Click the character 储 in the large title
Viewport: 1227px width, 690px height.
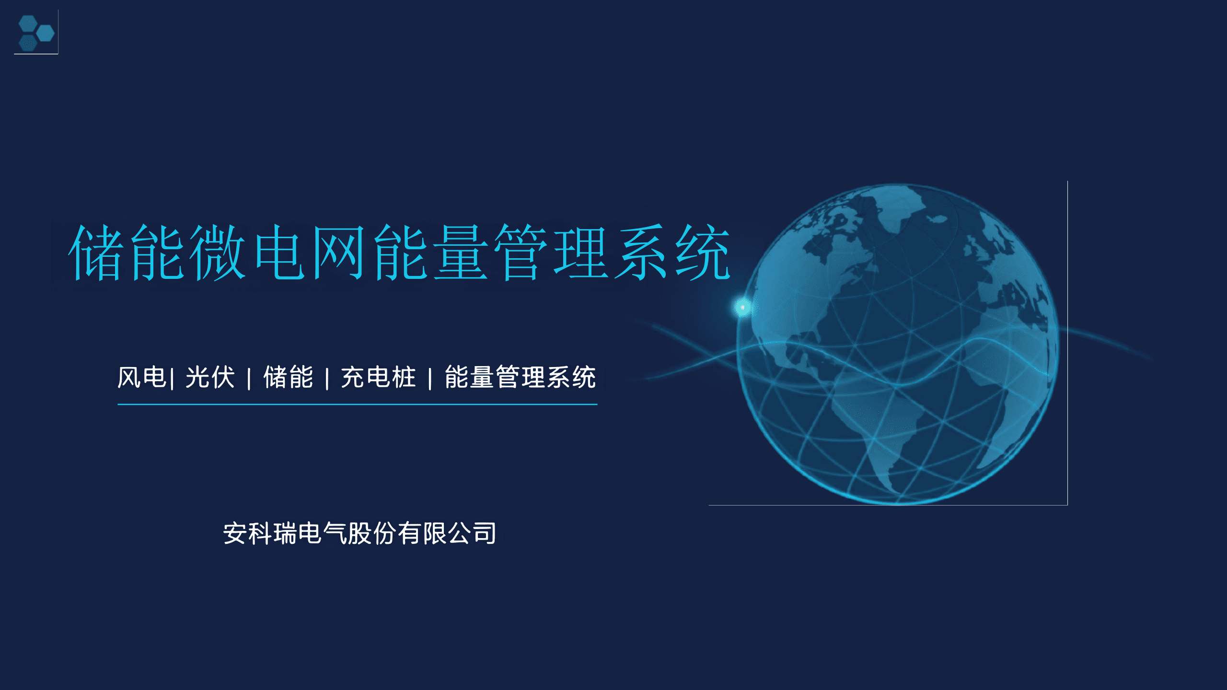click(94, 252)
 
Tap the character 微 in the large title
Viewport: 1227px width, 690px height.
click(217, 252)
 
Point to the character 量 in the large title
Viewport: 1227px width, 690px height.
click(461, 252)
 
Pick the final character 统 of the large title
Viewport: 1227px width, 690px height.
click(703, 252)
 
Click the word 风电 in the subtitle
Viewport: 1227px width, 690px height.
click(142, 377)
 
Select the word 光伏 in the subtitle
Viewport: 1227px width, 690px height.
click(210, 377)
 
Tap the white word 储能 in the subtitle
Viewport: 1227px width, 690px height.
click(289, 377)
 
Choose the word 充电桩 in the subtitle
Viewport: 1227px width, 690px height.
click(379, 377)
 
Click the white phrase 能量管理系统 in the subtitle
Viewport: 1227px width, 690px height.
click(521, 377)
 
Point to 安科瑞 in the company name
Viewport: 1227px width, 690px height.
click(260, 533)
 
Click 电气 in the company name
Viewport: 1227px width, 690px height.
click(323, 533)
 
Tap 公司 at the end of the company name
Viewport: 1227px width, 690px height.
click(472, 533)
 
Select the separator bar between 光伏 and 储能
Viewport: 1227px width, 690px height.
click(249, 379)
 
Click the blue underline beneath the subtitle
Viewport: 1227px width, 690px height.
click(358, 404)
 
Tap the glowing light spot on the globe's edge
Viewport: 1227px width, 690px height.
click(742, 307)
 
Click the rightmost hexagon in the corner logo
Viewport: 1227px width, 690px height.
click(46, 33)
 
